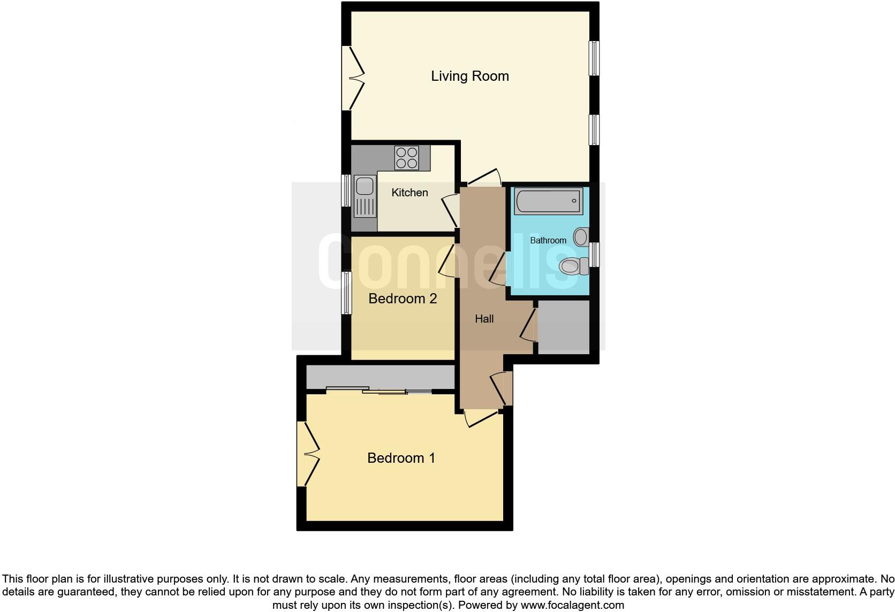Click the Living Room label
469,76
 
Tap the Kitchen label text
409,193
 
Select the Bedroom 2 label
403,299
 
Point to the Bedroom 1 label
401,458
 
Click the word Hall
484,319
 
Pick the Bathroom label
548,240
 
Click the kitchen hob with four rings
406,157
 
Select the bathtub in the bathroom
548,201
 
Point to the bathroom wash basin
580,236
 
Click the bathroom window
594,254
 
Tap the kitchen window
346,190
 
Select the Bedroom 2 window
346,293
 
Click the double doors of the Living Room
352,78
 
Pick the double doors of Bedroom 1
307,454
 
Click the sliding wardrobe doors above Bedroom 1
379,391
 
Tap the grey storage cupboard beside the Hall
563,326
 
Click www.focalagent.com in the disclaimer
572,606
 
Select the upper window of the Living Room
594,58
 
